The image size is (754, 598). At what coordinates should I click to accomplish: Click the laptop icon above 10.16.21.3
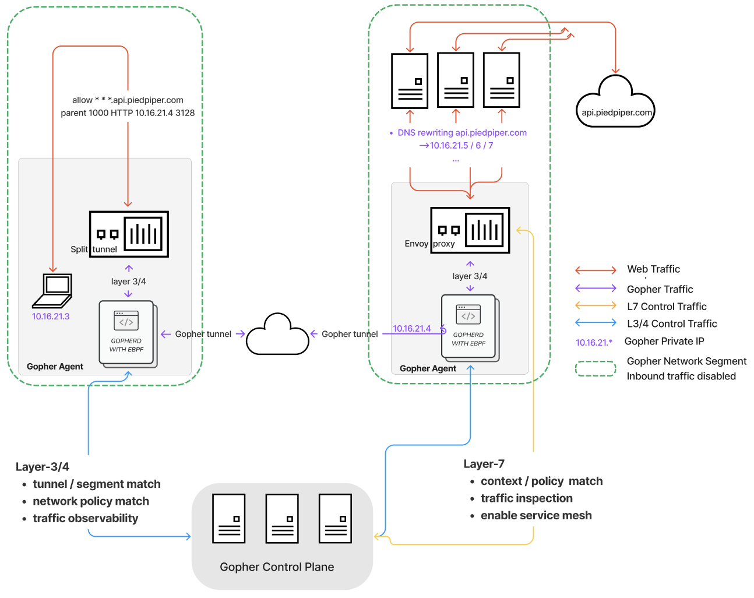tap(52, 290)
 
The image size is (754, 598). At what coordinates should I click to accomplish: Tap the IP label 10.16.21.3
tap(51, 316)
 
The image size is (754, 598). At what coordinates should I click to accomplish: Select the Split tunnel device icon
tap(129, 234)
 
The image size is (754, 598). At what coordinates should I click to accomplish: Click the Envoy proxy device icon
tap(470, 230)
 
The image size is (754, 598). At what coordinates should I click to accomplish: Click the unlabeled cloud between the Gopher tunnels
tap(277, 335)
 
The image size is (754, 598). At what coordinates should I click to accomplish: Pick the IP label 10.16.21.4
tap(411, 329)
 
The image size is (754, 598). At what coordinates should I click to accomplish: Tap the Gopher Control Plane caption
tap(277, 567)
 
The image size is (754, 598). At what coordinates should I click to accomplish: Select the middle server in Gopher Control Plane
tap(282, 518)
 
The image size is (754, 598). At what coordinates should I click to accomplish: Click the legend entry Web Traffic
tap(653, 269)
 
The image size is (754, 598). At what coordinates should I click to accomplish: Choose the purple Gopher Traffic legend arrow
tap(596, 288)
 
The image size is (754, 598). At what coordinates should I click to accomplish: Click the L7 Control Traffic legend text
tap(667, 307)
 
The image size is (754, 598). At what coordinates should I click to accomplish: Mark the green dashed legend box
tap(596, 369)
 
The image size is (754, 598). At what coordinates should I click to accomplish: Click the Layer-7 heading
tap(484, 464)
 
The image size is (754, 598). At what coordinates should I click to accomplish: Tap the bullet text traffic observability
tap(86, 518)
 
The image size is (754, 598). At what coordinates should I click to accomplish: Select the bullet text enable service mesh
tap(536, 515)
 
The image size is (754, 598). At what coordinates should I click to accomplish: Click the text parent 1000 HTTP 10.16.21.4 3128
tap(128, 113)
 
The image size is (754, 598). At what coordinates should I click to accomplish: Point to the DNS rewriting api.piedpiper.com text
tap(461, 133)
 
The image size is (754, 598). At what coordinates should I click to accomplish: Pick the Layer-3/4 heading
tap(43, 467)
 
